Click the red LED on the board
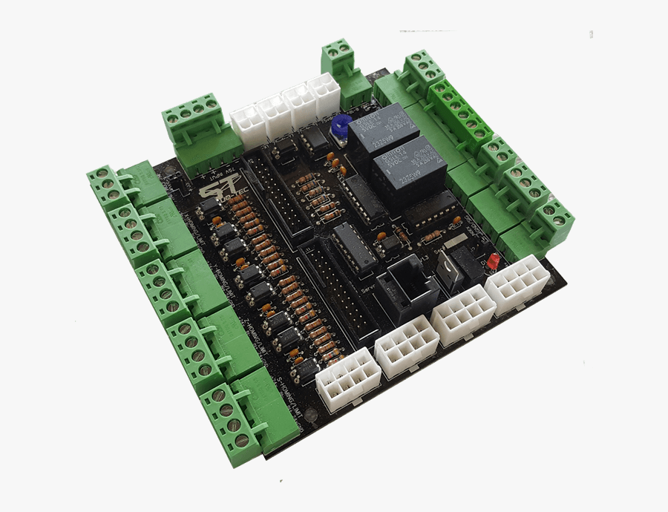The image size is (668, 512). pos(492,263)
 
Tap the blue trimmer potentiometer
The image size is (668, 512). pos(341,127)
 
